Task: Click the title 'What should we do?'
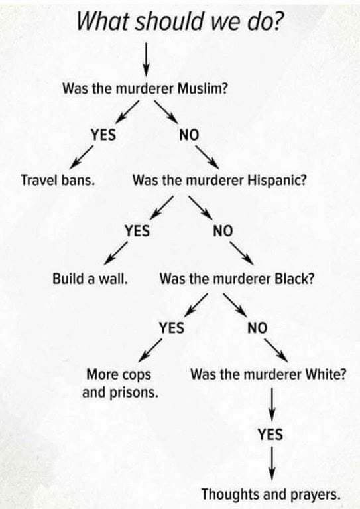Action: (179, 21)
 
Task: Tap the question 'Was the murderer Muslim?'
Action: (145, 88)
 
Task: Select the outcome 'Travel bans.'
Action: (58, 180)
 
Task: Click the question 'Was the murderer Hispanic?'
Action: (219, 180)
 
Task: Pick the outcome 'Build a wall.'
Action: (90, 279)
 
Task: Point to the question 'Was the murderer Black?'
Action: (237, 279)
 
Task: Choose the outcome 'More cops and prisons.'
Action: (120, 384)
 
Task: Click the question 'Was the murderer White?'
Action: (269, 374)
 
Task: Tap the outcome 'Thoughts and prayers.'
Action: (271, 494)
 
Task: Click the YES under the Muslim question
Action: (103, 135)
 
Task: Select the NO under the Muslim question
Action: (189, 135)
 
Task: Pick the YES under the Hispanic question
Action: (137, 231)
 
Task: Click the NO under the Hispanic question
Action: (223, 231)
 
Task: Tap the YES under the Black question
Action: (172, 328)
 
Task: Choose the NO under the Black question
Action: (257, 328)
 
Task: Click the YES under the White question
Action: (270, 434)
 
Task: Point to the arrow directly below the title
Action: (147, 60)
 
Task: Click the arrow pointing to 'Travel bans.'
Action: (82, 157)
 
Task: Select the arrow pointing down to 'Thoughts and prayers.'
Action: (272, 464)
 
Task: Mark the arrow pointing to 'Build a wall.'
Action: (115, 254)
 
